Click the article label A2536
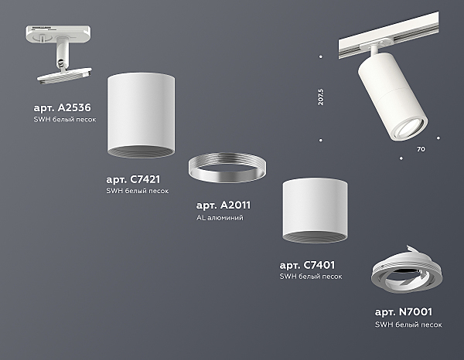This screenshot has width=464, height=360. pyautogui.click(x=62, y=108)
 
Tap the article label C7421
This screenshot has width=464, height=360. pyautogui.click(x=133, y=179)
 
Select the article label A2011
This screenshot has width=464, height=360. pyautogui.click(x=223, y=205)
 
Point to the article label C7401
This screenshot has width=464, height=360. pyautogui.click(x=307, y=265)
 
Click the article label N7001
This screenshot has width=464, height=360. pyautogui.click(x=404, y=312)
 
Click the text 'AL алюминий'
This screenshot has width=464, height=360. pyautogui.click(x=220, y=218)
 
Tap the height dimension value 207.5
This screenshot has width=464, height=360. pyautogui.click(x=321, y=97)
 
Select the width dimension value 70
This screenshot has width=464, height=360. pyautogui.click(x=421, y=149)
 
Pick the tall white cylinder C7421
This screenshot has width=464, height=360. pyautogui.click(x=141, y=115)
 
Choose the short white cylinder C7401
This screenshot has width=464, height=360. pyautogui.click(x=315, y=210)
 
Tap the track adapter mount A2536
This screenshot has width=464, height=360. pyautogui.click(x=60, y=53)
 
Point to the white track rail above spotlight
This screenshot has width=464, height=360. pyautogui.click(x=388, y=36)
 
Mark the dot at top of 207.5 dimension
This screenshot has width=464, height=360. pyautogui.click(x=321, y=56)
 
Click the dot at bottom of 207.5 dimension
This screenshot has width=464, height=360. pyautogui.click(x=321, y=140)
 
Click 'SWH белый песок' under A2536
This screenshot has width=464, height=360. pyautogui.click(x=65, y=120)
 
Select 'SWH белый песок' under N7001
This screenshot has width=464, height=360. pyautogui.click(x=408, y=324)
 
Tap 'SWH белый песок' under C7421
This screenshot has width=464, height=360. pyautogui.click(x=138, y=191)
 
